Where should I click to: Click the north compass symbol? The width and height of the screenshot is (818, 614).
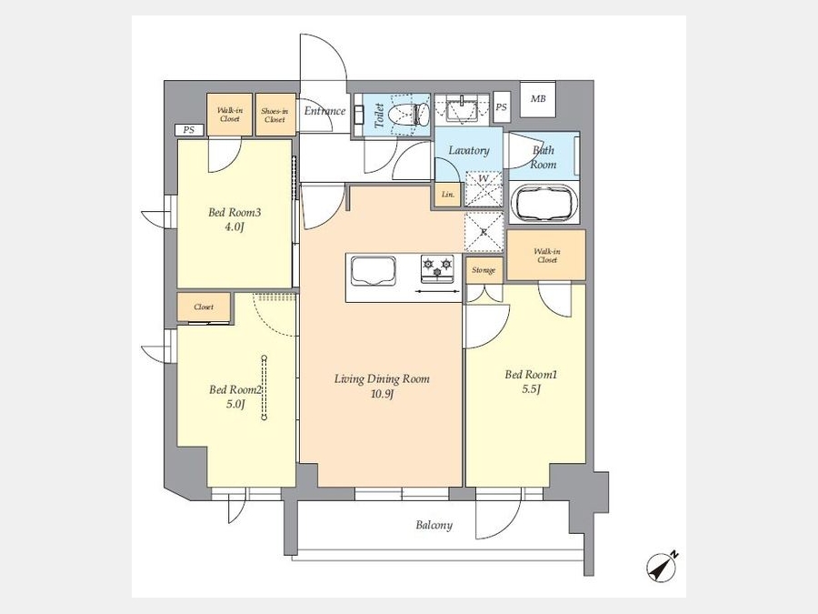tap(662, 567)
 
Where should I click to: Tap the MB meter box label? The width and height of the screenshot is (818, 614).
tap(538, 98)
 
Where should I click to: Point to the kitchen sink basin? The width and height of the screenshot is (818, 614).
tap(373, 271)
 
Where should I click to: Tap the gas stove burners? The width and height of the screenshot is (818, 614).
tap(438, 267)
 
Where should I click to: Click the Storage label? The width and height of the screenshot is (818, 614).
tap(484, 270)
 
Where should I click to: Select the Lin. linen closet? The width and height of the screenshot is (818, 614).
tap(448, 195)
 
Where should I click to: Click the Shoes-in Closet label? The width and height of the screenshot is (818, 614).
tap(274, 116)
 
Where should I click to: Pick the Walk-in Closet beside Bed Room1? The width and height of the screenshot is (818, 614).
tap(546, 256)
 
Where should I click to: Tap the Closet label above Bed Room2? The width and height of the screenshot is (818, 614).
tap(204, 307)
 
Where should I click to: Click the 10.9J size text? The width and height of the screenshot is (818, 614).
tap(382, 394)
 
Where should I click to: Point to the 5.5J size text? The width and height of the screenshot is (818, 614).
tap(530, 389)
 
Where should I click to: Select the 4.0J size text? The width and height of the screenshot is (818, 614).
tap(234, 227)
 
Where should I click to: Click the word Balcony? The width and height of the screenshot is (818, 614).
tap(434, 525)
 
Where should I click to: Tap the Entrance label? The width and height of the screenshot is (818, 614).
tap(325, 111)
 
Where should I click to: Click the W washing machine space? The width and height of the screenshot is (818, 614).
tap(484, 189)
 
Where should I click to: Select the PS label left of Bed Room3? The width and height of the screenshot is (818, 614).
tap(189, 130)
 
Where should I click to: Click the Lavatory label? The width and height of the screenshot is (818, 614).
tap(469, 150)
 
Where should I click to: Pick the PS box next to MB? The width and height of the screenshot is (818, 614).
tap(502, 107)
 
